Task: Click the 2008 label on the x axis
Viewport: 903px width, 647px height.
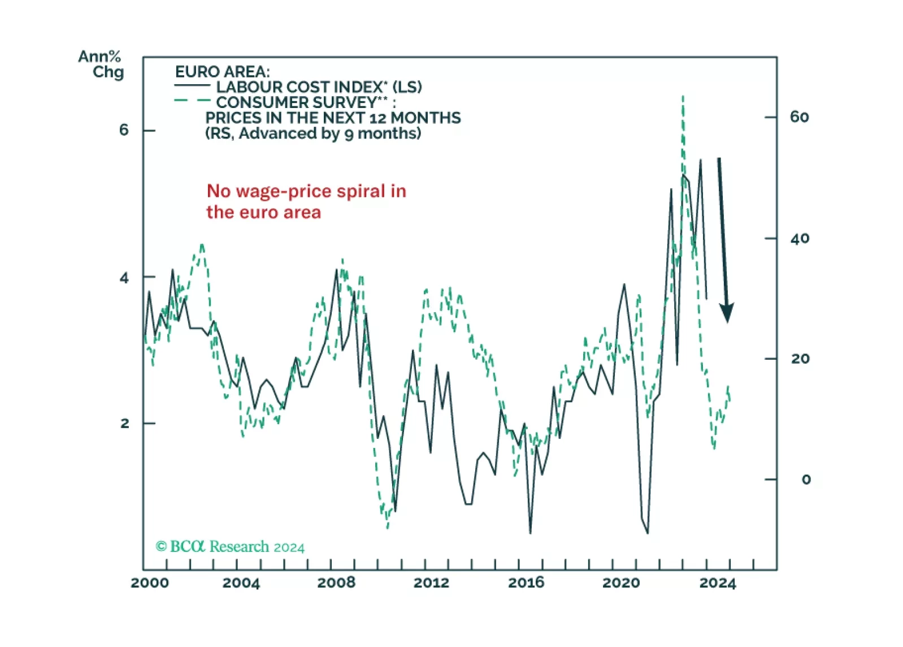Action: (x=336, y=583)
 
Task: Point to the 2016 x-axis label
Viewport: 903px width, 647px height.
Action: (x=526, y=583)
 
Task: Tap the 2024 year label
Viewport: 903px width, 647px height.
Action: (x=718, y=583)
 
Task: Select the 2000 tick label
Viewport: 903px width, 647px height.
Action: (x=150, y=583)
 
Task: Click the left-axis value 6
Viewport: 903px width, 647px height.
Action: (x=124, y=130)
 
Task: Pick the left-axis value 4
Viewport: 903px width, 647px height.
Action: (x=124, y=278)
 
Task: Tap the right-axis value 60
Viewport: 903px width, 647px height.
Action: (x=800, y=117)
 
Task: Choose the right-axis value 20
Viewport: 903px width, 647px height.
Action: (x=800, y=359)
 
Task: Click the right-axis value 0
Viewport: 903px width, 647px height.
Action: (x=806, y=480)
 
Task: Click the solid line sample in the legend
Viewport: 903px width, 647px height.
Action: (x=192, y=85)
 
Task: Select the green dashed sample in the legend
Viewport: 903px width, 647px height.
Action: (x=192, y=101)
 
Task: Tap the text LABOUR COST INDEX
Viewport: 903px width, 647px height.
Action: (x=299, y=87)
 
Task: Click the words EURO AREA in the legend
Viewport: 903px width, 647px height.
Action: (x=222, y=72)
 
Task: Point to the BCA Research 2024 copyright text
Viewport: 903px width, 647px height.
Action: (x=230, y=547)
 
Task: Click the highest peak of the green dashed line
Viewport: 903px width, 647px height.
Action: (x=683, y=97)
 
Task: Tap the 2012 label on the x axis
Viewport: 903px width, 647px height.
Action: (x=431, y=583)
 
